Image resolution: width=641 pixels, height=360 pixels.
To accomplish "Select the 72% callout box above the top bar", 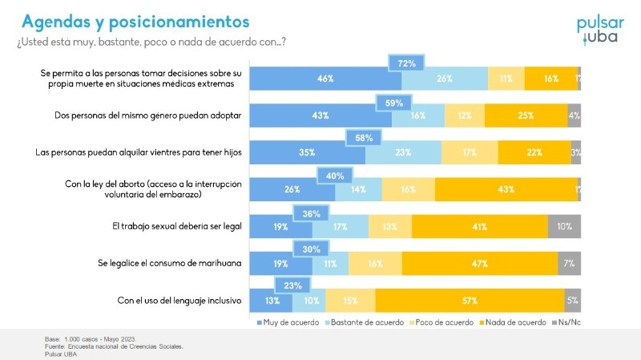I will [405, 63].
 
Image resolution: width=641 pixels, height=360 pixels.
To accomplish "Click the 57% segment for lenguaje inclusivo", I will [470, 301].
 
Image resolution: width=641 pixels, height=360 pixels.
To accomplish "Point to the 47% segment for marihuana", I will [480, 263].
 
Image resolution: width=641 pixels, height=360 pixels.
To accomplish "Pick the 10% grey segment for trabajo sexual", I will [564, 227].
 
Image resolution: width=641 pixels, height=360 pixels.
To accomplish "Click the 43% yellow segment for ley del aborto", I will [506, 189].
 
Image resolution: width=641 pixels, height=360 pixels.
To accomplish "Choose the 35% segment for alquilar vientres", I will [308, 152].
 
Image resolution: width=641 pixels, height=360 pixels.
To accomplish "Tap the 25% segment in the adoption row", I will [526, 115].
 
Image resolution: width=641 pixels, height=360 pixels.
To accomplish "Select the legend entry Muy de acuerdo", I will [284, 322].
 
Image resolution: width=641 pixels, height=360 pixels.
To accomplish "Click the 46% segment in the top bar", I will [325, 79].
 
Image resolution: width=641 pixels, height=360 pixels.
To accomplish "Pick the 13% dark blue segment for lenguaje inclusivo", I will [272, 301].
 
